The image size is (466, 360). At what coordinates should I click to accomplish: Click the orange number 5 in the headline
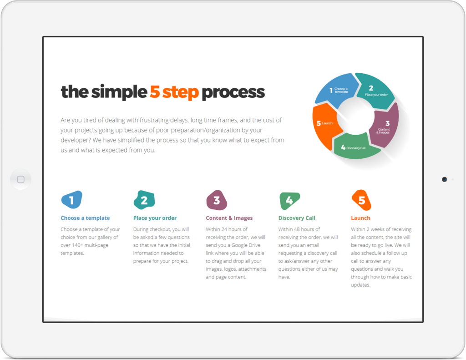(155, 91)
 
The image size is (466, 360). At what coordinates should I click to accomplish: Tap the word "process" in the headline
(233, 93)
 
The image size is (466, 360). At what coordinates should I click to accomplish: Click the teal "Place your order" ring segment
(375, 91)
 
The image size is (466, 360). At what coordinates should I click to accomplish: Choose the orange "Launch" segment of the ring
(325, 125)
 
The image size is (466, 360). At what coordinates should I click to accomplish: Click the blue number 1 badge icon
(71, 200)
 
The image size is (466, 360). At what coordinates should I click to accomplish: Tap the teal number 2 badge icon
(144, 200)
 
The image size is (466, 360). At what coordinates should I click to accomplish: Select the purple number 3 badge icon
(217, 200)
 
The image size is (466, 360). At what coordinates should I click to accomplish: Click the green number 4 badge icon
(289, 200)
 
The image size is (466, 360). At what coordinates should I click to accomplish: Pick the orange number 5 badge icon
(361, 200)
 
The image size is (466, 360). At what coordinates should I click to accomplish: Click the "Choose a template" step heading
(85, 218)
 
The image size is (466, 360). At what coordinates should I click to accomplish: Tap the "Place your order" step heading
(155, 218)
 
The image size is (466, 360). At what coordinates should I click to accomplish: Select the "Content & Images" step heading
(229, 218)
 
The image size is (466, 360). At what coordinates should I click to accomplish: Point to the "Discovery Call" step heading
(297, 218)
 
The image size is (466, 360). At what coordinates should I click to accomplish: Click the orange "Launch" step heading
(360, 218)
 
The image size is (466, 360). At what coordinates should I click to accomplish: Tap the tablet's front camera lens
(444, 179)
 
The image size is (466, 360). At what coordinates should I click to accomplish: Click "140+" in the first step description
(77, 245)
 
